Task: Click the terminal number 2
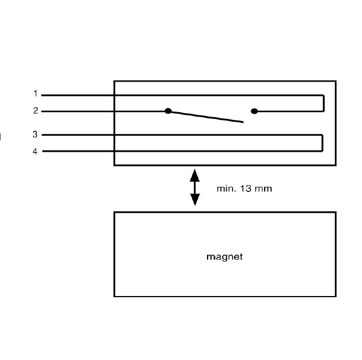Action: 35,111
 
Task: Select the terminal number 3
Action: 35,135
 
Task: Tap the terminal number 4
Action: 35,151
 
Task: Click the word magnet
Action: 225,256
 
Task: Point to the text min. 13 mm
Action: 244,188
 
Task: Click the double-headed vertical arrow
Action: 195,187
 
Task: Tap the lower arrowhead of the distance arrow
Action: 195,200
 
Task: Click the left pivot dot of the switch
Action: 168,111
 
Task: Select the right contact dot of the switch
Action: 254,111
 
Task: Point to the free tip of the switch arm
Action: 243,122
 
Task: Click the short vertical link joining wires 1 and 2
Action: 324,103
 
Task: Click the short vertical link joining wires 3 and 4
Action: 322,143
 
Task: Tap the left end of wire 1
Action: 43,95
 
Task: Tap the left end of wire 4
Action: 43,151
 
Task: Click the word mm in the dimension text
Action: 264,188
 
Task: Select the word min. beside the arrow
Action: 226,188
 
